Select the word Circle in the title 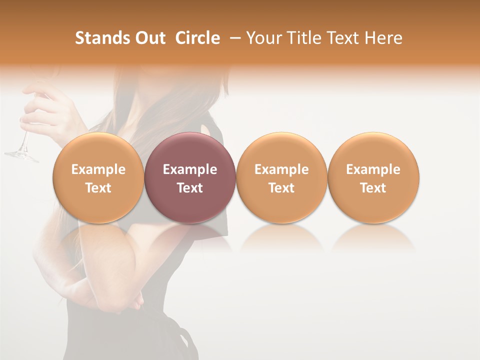pos(197,38)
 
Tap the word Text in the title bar pos(346,38)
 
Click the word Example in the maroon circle pos(190,169)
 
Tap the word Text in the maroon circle pos(190,188)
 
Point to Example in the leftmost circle pos(98,169)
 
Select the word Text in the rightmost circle pos(373,188)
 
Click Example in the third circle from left pos(281,169)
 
